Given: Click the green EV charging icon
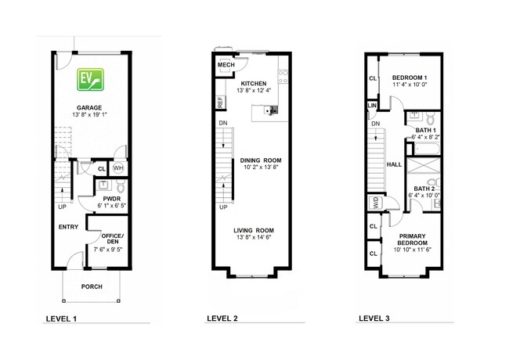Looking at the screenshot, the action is (x=90, y=80).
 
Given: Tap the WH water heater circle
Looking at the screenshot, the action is (x=117, y=168).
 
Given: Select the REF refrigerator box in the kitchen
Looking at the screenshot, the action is (x=220, y=103).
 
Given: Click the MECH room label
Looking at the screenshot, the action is (x=226, y=65).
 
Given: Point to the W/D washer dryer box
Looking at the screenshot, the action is (x=376, y=203).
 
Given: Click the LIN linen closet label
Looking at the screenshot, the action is (x=372, y=106).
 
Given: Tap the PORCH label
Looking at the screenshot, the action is (x=92, y=286).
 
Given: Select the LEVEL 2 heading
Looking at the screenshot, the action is (x=222, y=319).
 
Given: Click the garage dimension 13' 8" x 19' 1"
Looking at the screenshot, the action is (x=89, y=114).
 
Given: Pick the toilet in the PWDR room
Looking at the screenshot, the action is (x=121, y=186).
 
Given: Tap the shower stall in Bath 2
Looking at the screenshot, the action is (x=424, y=165).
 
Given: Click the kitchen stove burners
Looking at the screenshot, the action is (x=283, y=77).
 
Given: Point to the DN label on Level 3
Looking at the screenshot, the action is (x=376, y=124).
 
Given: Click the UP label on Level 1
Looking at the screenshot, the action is (x=62, y=207).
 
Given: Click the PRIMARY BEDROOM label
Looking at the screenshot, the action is (x=412, y=239).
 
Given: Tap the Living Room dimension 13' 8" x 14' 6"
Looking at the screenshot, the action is (x=254, y=237).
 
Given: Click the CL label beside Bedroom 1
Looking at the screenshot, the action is (x=373, y=78).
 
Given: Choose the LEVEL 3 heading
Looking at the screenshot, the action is (x=374, y=319).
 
